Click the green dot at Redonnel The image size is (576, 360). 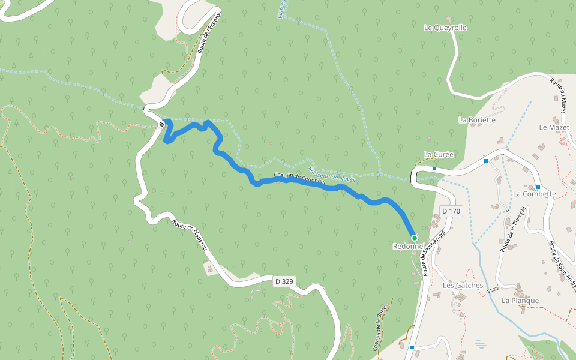pyautogui.click(x=414, y=238)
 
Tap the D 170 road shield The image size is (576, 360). pyautogui.click(x=451, y=211)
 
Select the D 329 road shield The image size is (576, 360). pyautogui.click(x=284, y=281)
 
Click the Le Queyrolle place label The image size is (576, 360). pyautogui.click(x=445, y=28)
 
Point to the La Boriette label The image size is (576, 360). pyautogui.click(x=477, y=120)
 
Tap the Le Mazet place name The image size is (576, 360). pyautogui.click(x=554, y=127)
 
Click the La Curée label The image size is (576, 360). pyautogui.click(x=439, y=154)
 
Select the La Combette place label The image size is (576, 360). pyautogui.click(x=535, y=194)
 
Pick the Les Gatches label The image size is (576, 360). pyautogui.click(x=463, y=286)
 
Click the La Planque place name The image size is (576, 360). pyautogui.click(x=520, y=301)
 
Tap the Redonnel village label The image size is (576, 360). pyautogui.click(x=409, y=247)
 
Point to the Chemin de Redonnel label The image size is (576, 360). pyautogui.click(x=300, y=178)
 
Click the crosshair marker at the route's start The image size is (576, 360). pyautogui.click(x=162, y=124)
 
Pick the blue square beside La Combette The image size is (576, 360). pyautogui.click(x=538, y=187)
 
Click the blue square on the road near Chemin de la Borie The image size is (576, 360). pyautogui.click(x=412, y=347)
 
